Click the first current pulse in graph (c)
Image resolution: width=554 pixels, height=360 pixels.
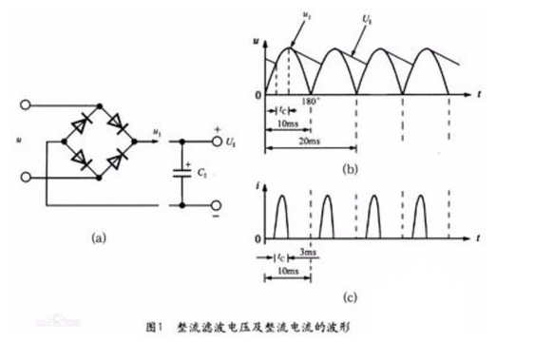282,214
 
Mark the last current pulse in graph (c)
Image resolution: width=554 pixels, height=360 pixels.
422,214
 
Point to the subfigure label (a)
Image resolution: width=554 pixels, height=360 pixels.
98,238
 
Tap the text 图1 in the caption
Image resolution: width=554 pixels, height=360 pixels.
157,326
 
